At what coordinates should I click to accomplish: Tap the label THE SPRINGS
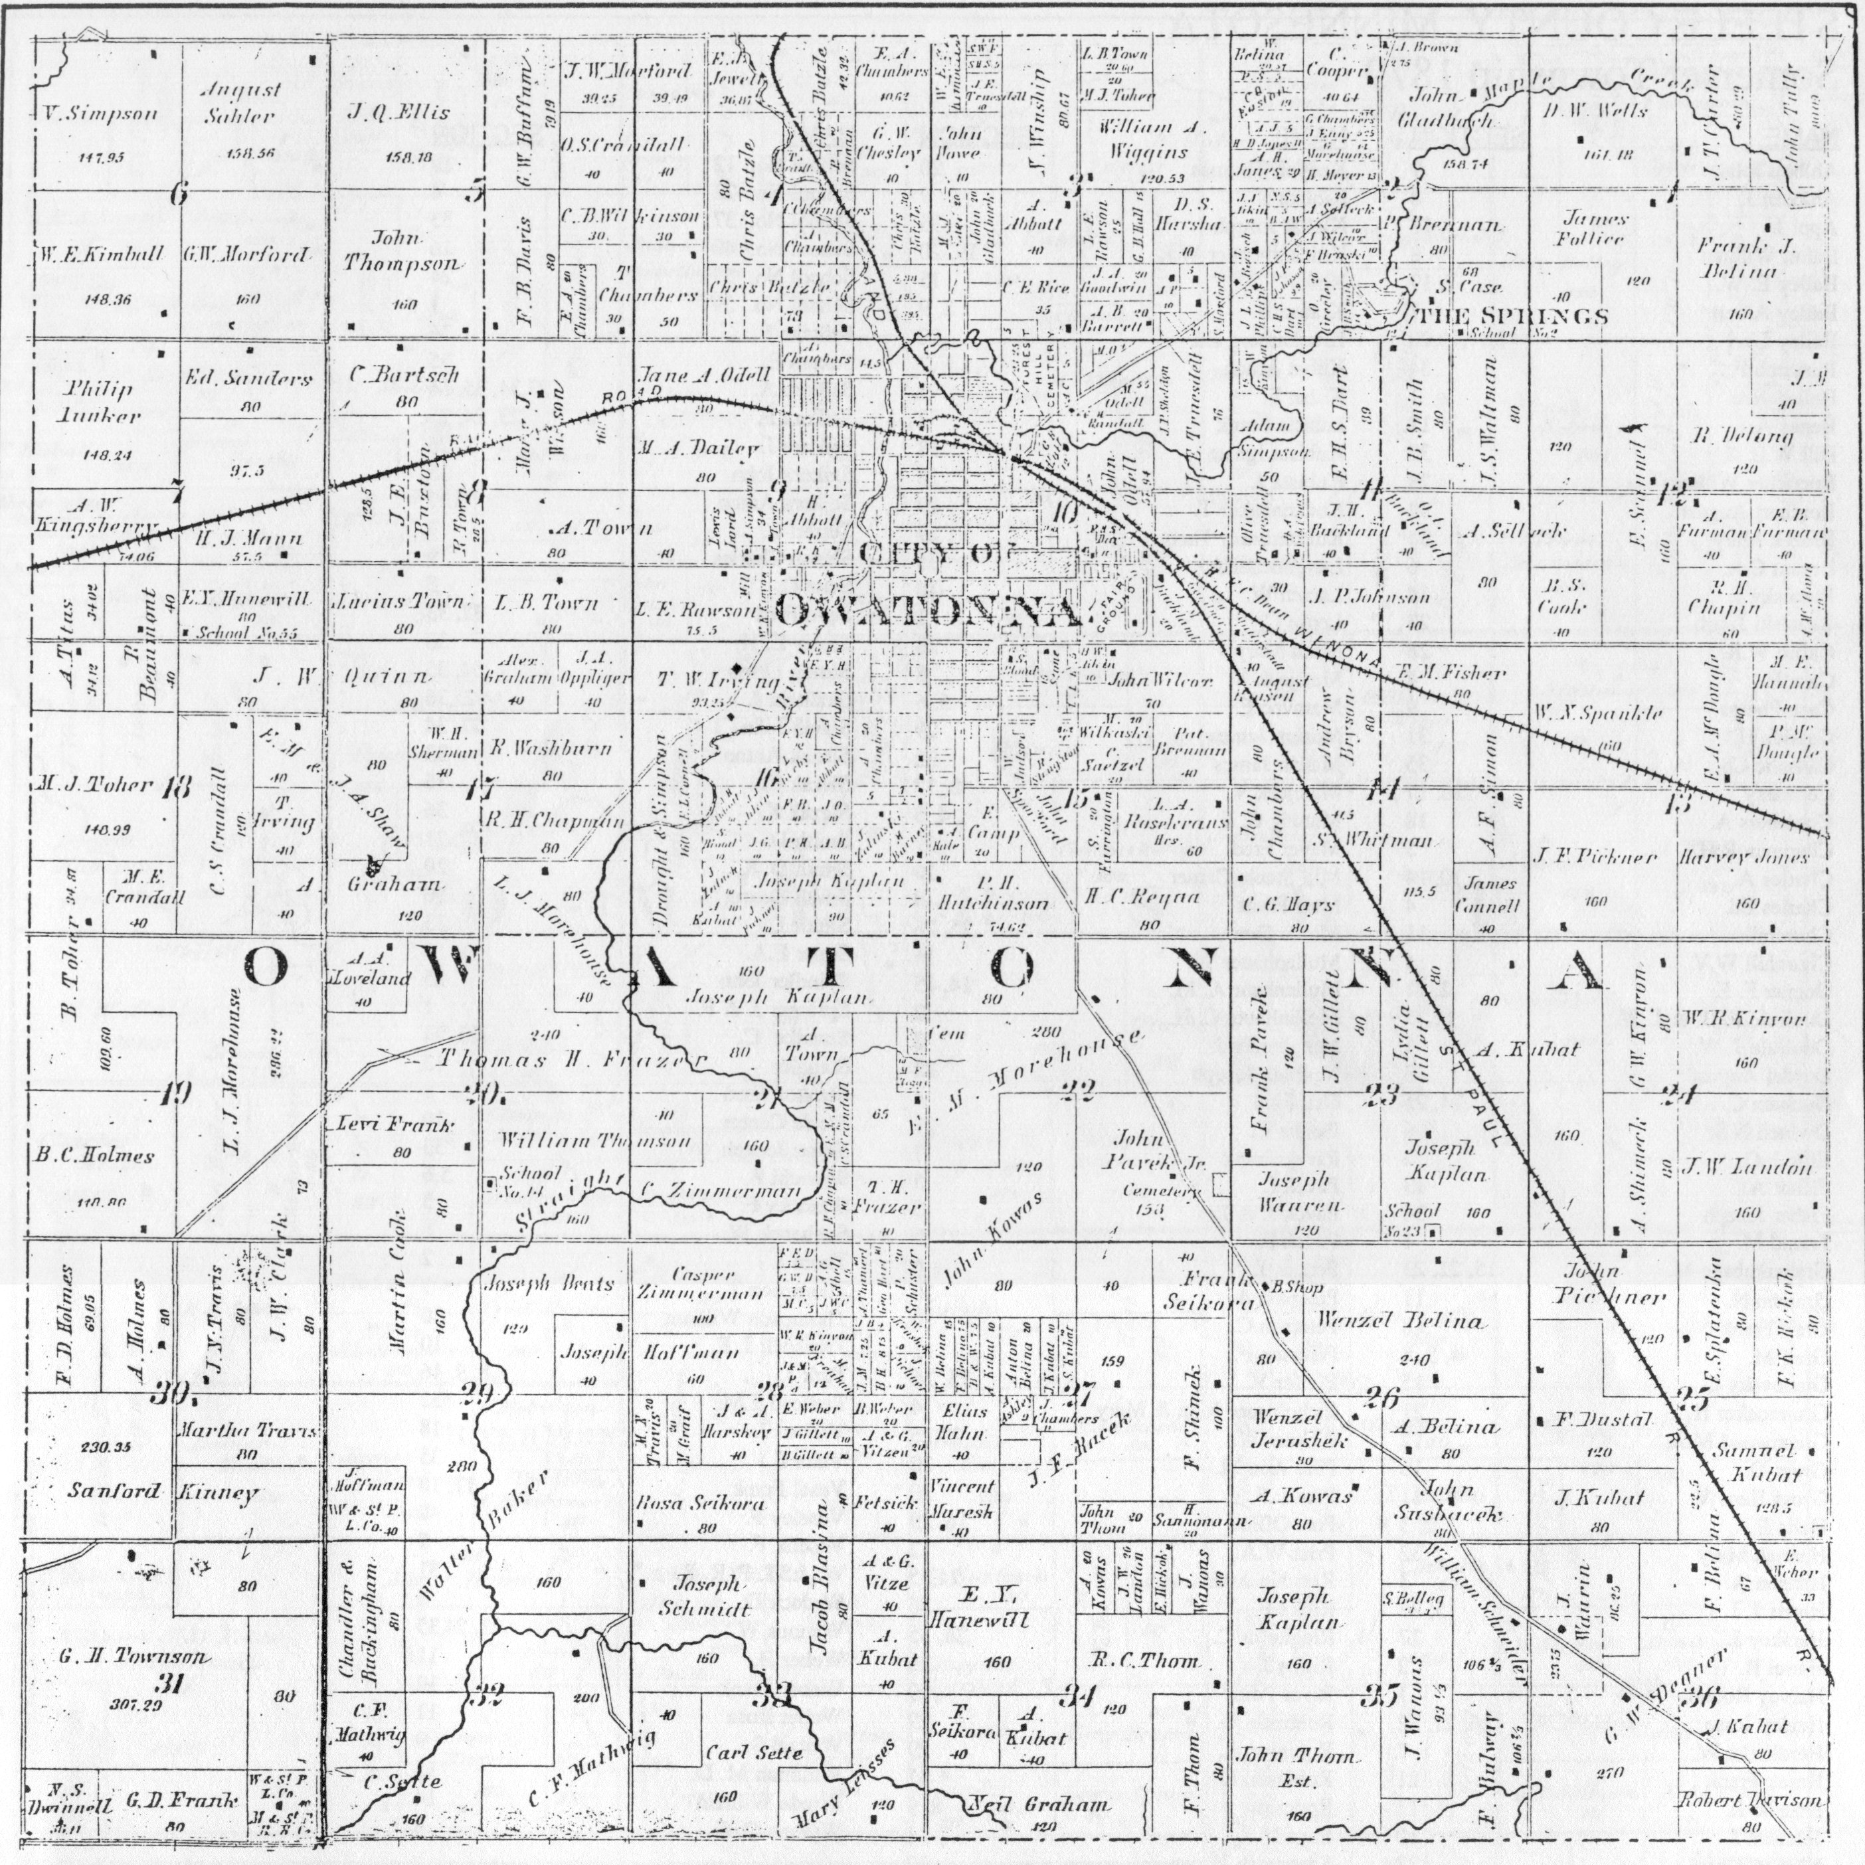[x=1512, y=317]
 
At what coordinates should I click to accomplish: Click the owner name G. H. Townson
[x=132, y=1658]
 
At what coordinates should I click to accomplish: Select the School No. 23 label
[x=1411, y=1220]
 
